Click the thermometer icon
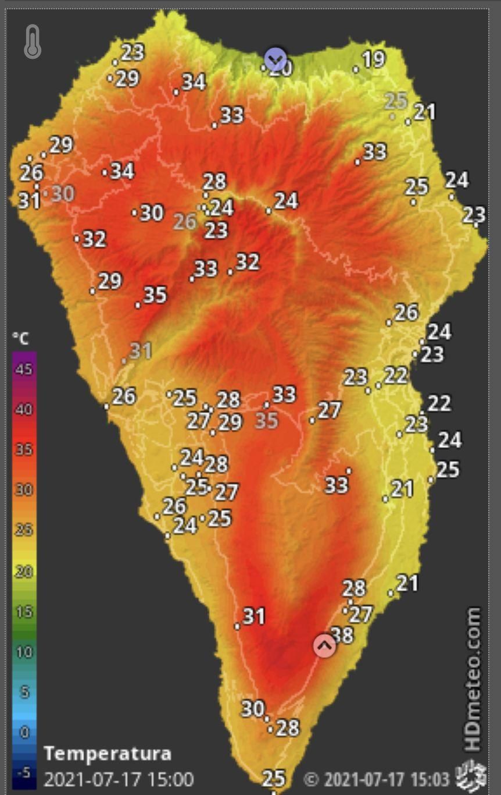click(33, 42)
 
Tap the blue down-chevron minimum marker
click(275, 59)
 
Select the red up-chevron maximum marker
click(324, 645)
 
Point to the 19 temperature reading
click(373, 59)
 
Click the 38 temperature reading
click(342, 635)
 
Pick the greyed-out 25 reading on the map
click(396, 101)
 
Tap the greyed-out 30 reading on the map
click(63, 193)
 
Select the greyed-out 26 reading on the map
click(186, 221)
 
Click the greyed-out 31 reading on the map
click(141, 351)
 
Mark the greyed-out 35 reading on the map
click(267, 420)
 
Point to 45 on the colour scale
click(24, 370)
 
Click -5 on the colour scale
click(23, 772)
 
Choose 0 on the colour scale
click(24, 732)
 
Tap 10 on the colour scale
click(24, 651)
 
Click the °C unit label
click(21, 339)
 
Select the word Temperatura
click(108, 754)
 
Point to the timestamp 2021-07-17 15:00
click(119, 779)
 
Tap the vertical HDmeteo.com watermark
click(473, 679)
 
